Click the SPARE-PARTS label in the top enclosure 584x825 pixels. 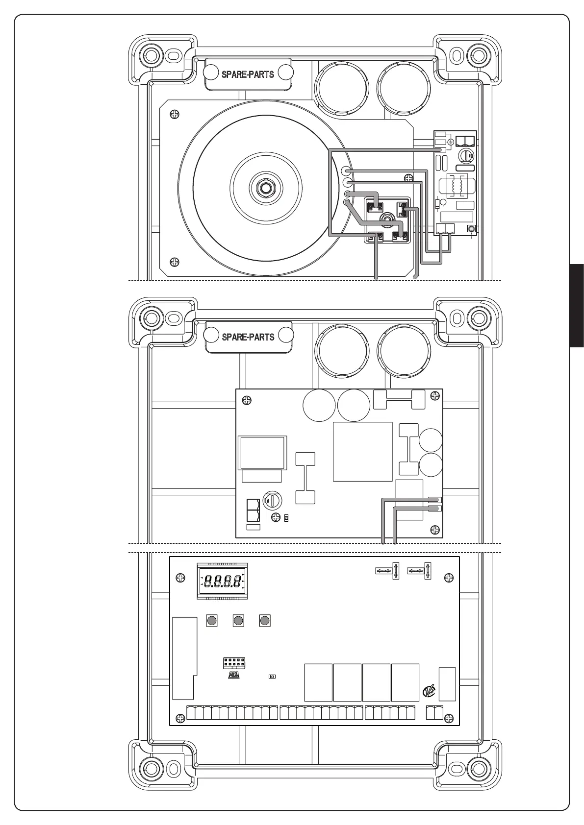pyautogui.click(x=248, y=74)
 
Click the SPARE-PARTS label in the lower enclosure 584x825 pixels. pyautogui.click(x=248, y=337)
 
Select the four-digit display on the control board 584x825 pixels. pyautogui.click(x=222, y=582)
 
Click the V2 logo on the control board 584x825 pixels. pyautogui.click(x=428, y=692)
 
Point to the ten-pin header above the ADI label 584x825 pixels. pyautogui.click(x=234, y=663)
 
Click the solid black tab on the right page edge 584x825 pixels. pyautogui.click(x=577, y=305)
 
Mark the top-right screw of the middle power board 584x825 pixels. pyautogui.click(x=434, y=395)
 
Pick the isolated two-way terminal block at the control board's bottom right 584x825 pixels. pyautogui.click(x=434, y=712)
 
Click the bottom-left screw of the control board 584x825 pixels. pyautogui.click(x=180, y=718)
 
